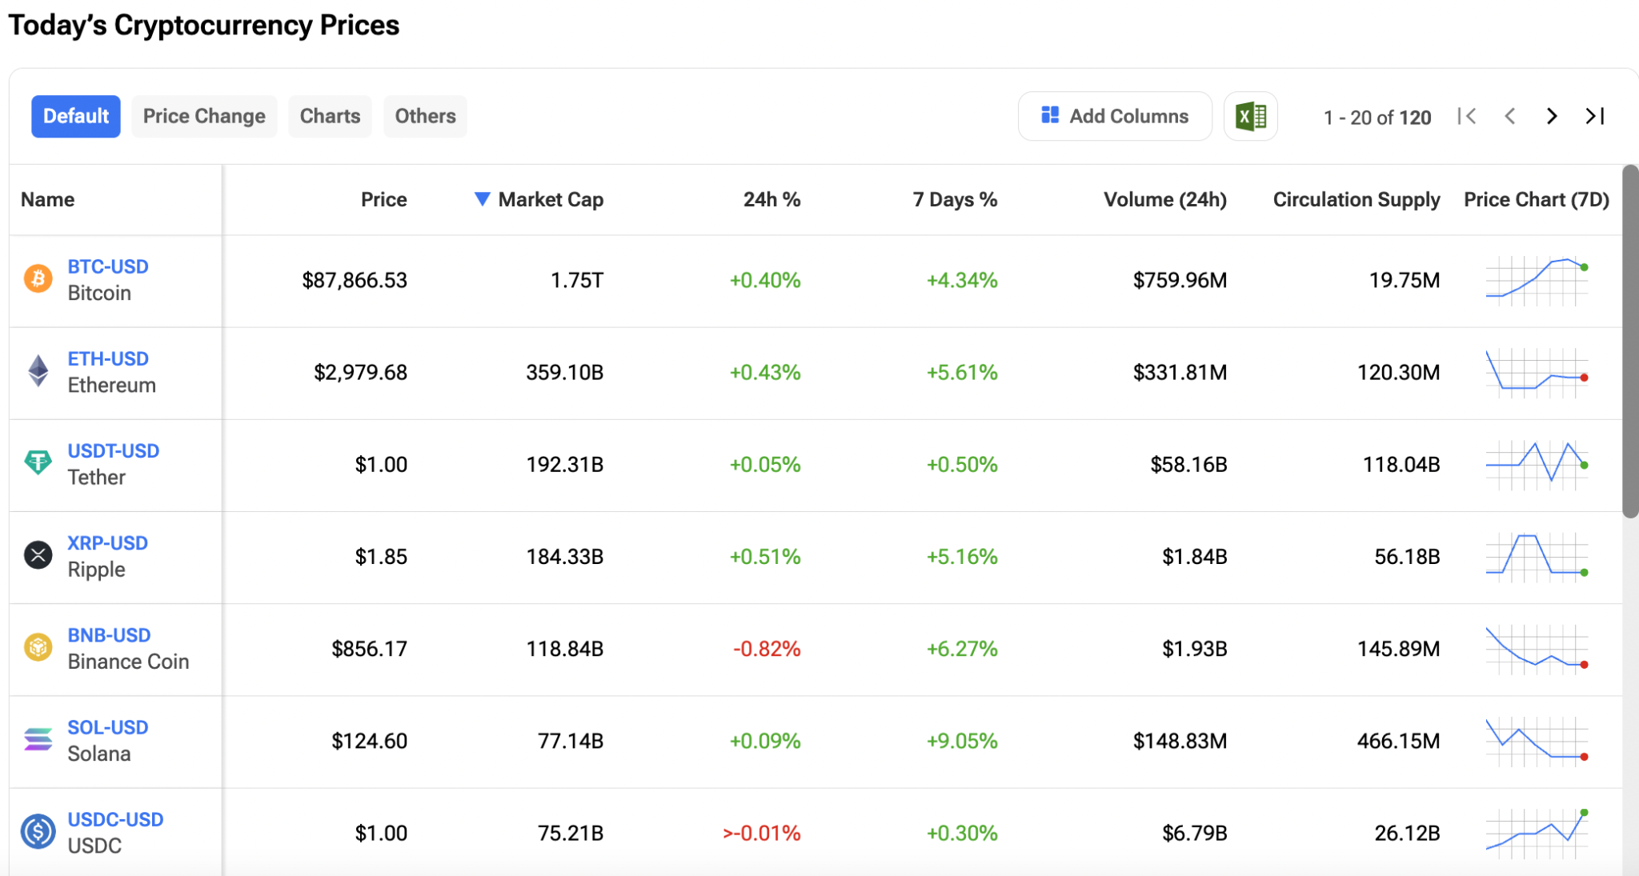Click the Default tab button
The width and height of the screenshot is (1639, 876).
point(76,116)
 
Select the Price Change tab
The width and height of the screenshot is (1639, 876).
point(204,116)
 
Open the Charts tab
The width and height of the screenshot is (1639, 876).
point(330,116)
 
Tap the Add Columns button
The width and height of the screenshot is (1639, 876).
point(1115,116)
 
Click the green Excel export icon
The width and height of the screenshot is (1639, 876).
point(1250,117)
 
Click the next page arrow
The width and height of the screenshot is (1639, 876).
point(1552,116)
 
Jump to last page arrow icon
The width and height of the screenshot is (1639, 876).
point(1595,116)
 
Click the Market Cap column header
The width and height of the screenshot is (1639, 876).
point(550,199)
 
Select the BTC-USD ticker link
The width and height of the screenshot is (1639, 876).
point(108,266)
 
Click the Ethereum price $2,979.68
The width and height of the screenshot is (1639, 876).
point(360,372)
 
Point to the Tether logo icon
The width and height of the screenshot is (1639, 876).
point(38,462)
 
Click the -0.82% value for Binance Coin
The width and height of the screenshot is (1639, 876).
point(766,649)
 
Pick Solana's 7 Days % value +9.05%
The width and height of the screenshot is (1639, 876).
point(962,741)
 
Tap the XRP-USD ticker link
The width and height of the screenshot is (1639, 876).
point(108,543)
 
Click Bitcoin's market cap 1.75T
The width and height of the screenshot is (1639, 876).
point(576,280)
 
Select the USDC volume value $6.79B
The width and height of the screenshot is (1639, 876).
point(1194,833)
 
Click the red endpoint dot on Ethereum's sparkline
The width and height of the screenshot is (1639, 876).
point(1584,378)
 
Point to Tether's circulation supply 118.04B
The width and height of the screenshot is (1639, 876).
point(1401,464)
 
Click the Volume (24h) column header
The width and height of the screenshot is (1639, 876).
point(1164,199)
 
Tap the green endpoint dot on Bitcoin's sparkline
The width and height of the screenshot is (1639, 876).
point(1584,267)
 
